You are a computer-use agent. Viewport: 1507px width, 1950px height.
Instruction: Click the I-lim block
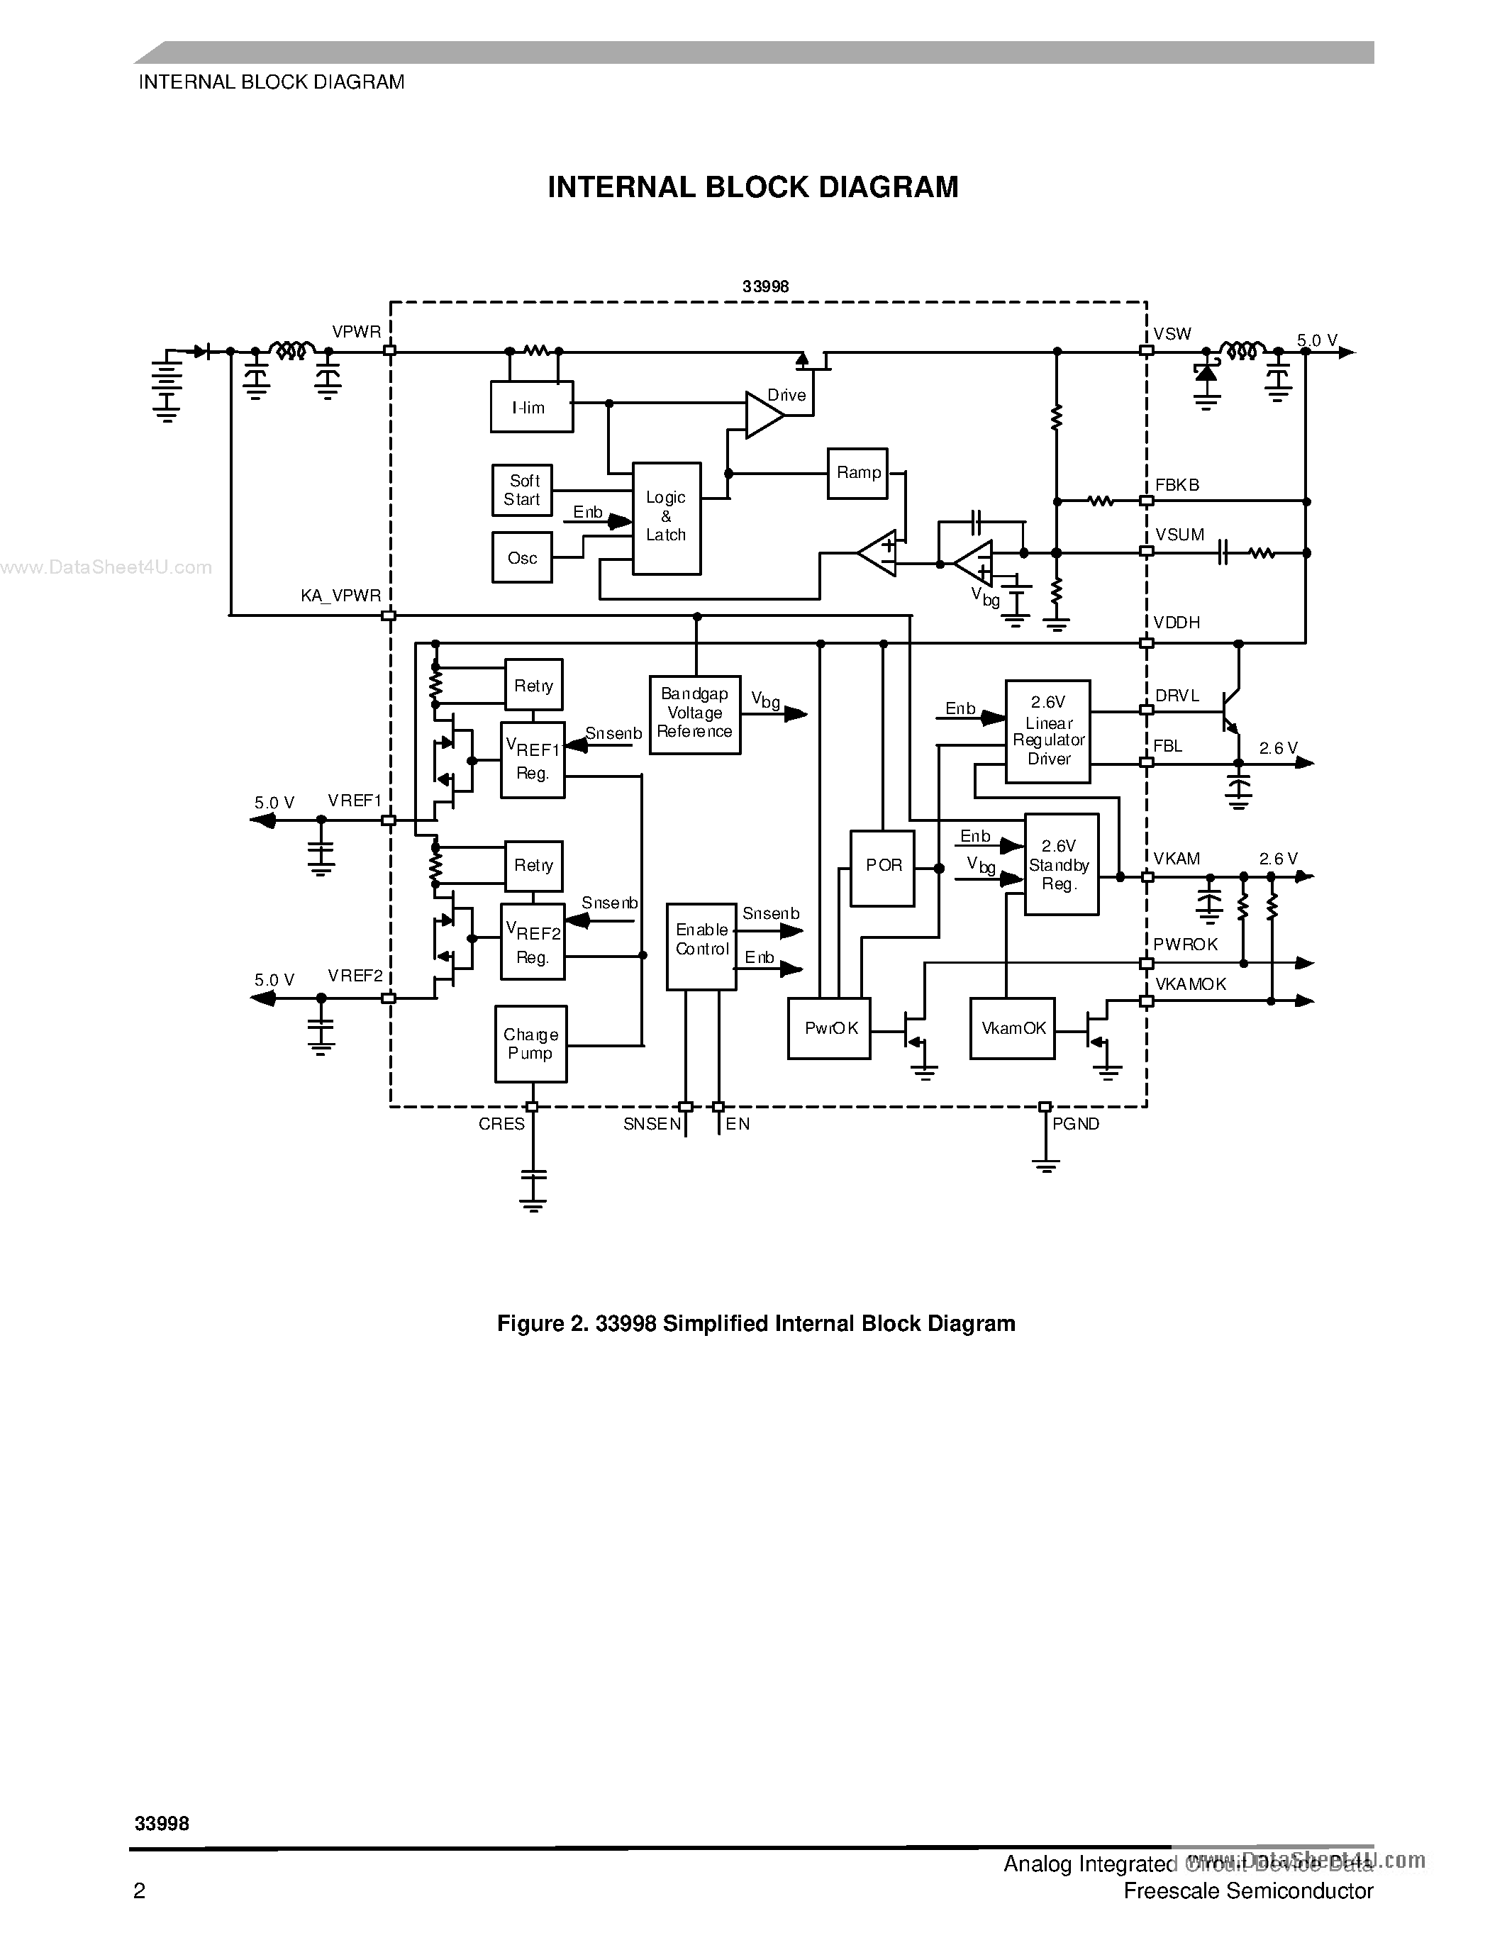pyautogui.click(x=531, y=407)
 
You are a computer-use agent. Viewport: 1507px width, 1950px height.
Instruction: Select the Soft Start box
pyautogui.click(x=522, y=490)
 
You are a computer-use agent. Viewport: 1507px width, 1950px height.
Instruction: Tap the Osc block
pyautogui.click(x=522, y=558)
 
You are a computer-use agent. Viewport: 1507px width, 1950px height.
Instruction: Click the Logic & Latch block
pyautogui.click(x=666, y=518)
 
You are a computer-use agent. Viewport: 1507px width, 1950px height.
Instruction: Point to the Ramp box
pyautogui.click(x=857, y=473)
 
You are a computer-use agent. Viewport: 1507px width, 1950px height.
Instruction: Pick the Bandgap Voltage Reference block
pyautogui.click(x=694, y=713)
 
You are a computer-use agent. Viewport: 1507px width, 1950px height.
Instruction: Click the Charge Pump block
pyautogui.click(x=531, y=1044)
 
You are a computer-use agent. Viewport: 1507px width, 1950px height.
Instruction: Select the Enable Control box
pyautogui.click(x=701, y=945)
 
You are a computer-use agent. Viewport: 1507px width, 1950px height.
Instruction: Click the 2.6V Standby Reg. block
pyautogui.click(x=1061, y=864)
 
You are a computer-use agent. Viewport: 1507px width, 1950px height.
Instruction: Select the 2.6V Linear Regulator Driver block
pyautogui.click(x=1048, y=731)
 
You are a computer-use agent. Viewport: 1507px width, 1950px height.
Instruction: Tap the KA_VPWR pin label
pyautogui.click(x=340, y=596)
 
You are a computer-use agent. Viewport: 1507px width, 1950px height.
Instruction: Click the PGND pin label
pyautogui.click(x=1075, y=1124)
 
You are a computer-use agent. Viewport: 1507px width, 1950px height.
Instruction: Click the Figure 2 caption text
pyautogui.click(x=755, y=1323)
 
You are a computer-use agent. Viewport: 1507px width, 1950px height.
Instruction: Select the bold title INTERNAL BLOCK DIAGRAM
pyautogui.click(x=752, y=187)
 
